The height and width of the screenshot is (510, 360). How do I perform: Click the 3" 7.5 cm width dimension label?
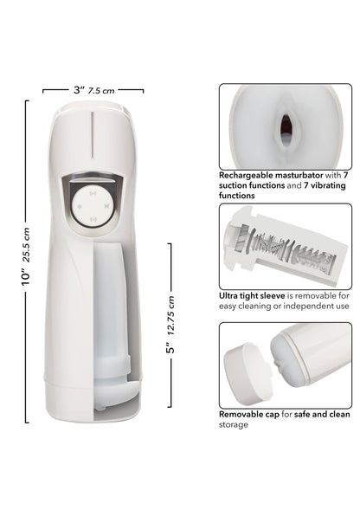(94, 90)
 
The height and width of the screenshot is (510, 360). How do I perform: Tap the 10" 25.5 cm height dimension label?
(25, 256)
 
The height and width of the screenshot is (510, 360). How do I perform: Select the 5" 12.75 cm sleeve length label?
(170, 325)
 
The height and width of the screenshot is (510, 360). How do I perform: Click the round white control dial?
(93, 205)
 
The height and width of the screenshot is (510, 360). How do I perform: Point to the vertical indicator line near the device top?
(93, 134)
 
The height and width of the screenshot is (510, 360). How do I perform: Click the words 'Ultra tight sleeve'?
(252, 296)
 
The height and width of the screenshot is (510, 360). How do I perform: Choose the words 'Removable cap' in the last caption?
(248, 415)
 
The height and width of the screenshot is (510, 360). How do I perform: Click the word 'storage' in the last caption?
(233, 425)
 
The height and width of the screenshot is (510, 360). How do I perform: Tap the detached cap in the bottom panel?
(248, 373)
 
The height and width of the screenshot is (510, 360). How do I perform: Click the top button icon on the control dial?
(93, 194)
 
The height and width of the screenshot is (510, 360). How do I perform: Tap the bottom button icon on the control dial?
(93, 218)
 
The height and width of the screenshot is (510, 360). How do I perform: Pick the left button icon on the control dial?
(80, 206)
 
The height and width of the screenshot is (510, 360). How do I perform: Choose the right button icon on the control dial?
(106, 206)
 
